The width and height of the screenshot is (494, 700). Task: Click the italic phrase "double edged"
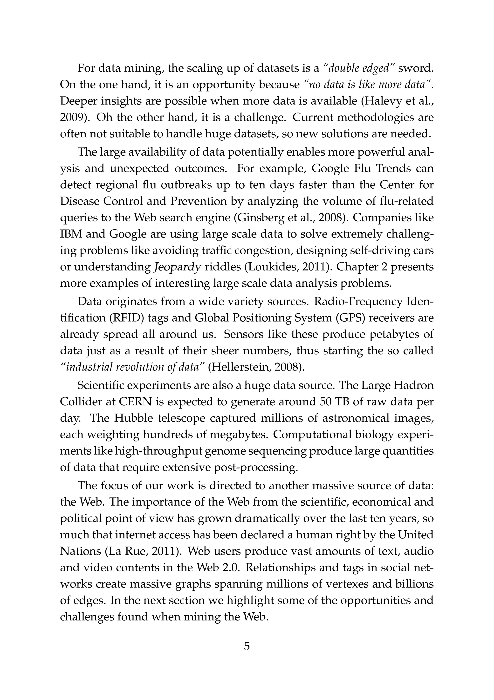click(359, 68)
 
